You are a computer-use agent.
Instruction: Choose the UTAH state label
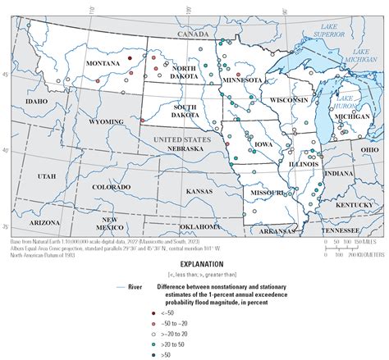(x=45, y=176)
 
